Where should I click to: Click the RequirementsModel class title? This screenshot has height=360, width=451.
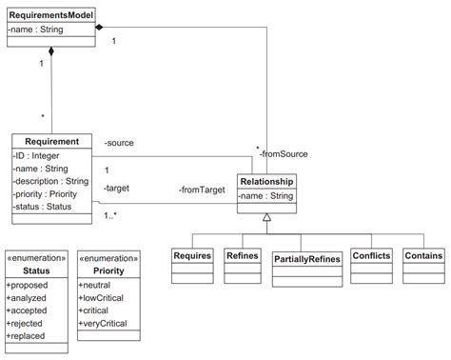tap(52, 15)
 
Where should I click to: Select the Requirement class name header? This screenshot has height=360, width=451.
tap(51, 142)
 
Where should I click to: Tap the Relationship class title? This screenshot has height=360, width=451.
tap(266, 181)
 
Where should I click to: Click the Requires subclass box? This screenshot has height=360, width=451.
tap(191, 256)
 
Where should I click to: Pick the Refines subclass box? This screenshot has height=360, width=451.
tap(242, 256)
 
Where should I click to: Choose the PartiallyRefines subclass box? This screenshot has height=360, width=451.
tap(306, 258)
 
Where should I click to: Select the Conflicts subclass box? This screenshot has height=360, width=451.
tap(370, 256)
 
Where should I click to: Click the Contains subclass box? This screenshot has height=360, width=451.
tap(422, 256)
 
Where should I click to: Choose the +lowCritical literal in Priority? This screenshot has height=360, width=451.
tap(106, 298)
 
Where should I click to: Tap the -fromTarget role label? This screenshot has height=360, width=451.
tap(201, 190)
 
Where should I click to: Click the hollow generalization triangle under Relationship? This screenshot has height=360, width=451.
tap(266, 218)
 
